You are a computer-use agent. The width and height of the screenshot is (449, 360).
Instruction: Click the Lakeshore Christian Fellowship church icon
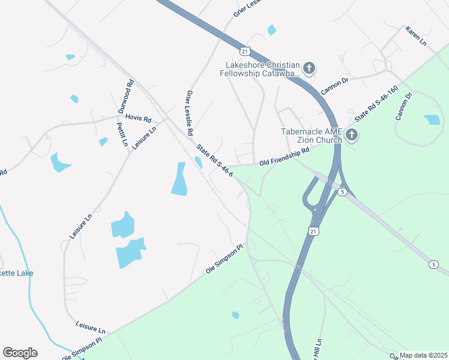pos(309,68)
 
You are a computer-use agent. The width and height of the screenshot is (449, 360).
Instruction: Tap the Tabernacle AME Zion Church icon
pos(352,136)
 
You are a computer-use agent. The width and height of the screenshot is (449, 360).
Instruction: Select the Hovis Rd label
pos(138,119)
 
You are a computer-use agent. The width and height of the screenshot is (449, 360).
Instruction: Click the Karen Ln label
pos(415,37)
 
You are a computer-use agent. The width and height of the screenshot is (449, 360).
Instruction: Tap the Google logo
pos(20,353)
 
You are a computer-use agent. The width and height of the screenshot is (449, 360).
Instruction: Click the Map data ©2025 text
pos(423,355)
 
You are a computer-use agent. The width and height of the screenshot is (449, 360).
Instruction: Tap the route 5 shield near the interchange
pos(342,191)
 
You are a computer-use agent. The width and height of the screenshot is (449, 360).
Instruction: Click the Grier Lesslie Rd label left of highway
pos(190,112)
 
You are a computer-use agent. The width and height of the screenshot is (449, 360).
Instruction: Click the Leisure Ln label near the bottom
pos(90,327)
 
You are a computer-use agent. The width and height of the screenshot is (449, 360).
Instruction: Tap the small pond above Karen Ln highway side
pos(272,30)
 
